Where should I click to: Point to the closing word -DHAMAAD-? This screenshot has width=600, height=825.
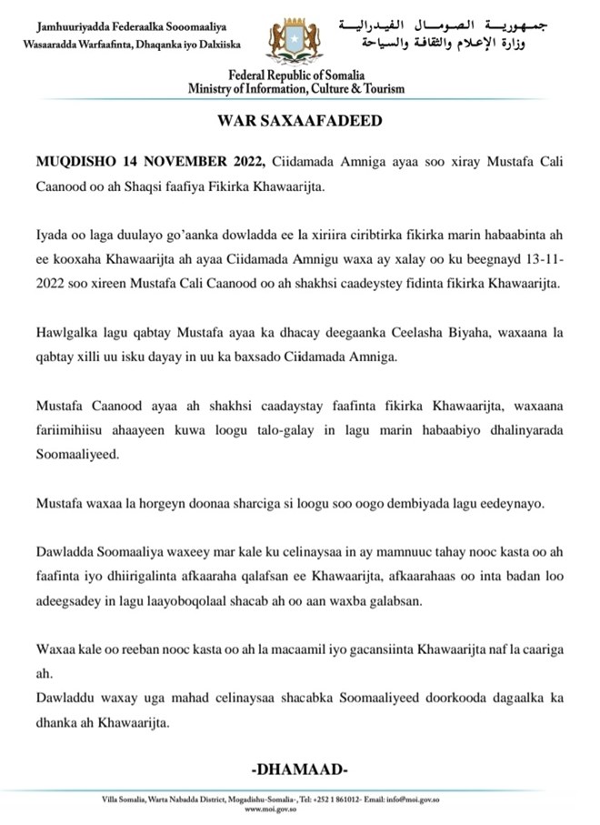299,770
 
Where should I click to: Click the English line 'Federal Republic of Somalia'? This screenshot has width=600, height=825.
296,76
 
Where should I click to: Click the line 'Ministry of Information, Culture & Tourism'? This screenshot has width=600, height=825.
296,89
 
